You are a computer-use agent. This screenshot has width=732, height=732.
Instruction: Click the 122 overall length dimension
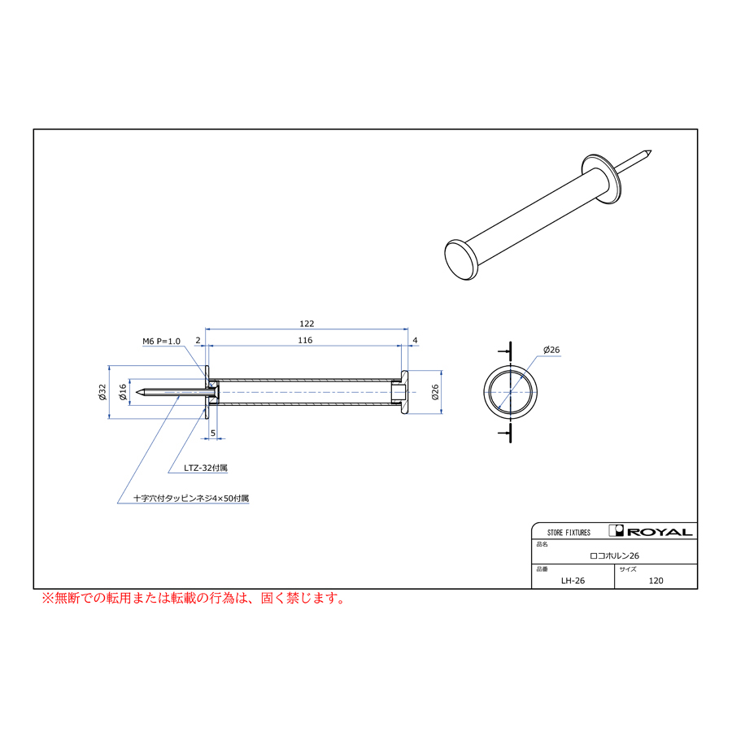(307, 324)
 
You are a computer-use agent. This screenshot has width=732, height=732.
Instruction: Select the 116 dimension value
(305, 340)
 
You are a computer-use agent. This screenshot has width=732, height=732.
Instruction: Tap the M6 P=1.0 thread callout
(161, 342)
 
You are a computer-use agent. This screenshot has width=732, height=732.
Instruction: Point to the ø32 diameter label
(102, 392)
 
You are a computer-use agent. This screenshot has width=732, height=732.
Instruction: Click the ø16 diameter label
(123, 392)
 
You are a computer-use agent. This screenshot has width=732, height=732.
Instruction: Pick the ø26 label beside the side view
(435, 392)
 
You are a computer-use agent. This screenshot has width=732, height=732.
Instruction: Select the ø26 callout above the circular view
(551, 350)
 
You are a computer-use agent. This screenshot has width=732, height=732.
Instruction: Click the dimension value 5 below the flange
(213, 434)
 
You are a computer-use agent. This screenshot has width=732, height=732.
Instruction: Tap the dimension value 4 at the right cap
(415, 340)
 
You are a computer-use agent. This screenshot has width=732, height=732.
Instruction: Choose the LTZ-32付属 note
(206, 468)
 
